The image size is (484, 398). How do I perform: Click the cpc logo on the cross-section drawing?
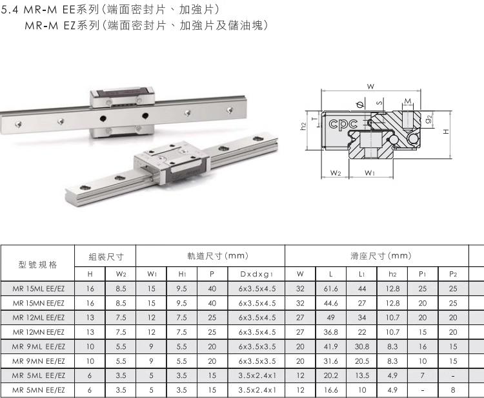[343, 124]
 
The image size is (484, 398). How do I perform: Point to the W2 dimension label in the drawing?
[335, 173]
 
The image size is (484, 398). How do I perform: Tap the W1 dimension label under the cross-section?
[370, 173]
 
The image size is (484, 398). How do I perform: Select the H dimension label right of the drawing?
[446, 132]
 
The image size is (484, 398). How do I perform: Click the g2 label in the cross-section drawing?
[429, 119]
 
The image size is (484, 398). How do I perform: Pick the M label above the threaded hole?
[408, 101]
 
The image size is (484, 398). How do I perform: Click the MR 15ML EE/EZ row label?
[38, 289]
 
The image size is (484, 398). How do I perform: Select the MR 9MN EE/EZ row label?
[38, 361]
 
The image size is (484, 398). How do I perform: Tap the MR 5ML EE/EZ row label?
[38, 375]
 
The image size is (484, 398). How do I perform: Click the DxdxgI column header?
[256, 274]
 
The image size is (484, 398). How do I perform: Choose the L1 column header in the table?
[362, 274]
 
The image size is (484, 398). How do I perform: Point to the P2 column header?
[453, 274]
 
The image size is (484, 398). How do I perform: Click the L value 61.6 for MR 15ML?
[331, 289]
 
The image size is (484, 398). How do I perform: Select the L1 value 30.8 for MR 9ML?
[362, 346]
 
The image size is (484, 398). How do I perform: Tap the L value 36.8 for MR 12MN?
[331, 332]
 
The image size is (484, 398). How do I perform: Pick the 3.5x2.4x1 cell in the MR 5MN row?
[257, 390]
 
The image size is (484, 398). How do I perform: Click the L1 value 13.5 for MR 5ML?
[362, 375]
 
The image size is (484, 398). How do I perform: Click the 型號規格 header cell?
[37, 264]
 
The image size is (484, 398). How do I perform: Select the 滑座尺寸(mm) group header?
[381, 256]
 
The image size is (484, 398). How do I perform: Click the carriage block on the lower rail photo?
[172, 162]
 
